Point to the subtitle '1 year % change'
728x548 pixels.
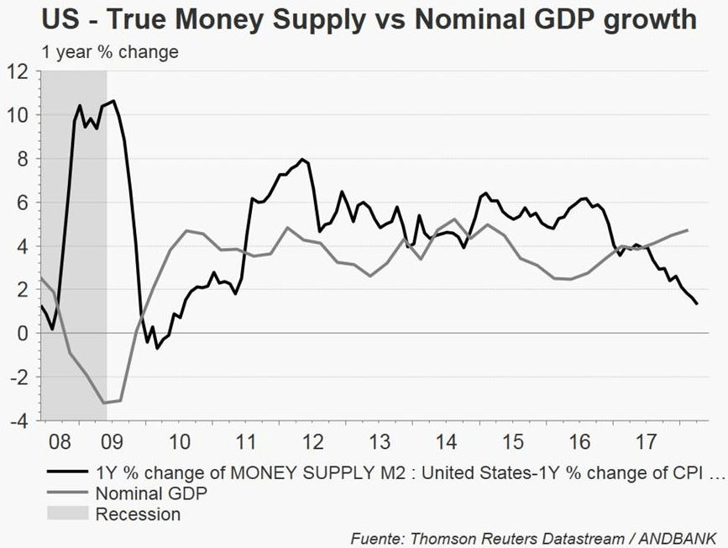click(x=109, y=52)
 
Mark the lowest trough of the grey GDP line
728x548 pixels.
click(x=105, y=403)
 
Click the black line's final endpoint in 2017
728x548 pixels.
click(x=698, y=304)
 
